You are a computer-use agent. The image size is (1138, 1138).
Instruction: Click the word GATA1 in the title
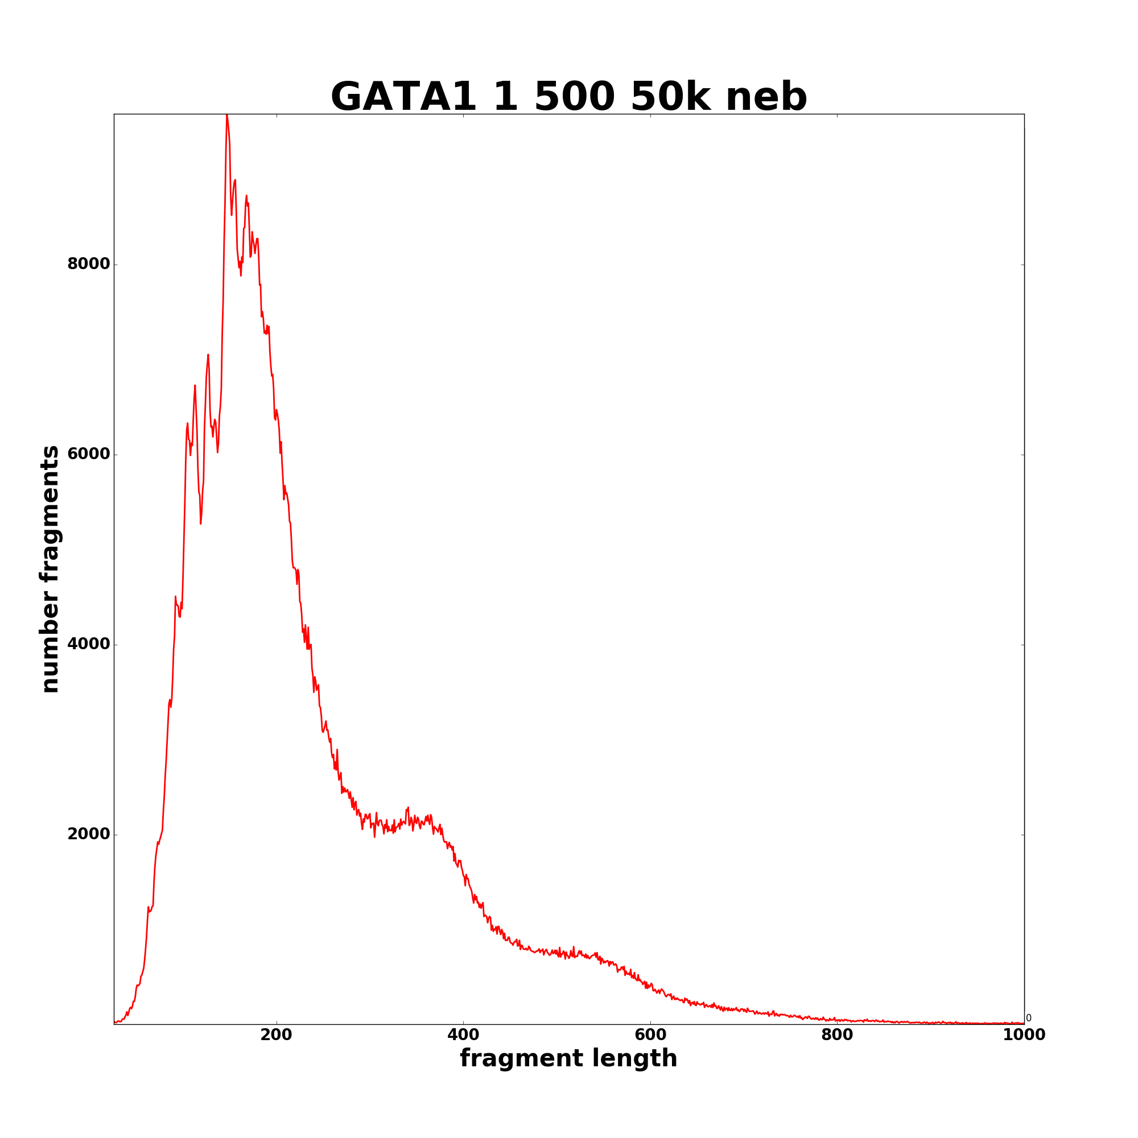pyautogui.click(x=403, y=97)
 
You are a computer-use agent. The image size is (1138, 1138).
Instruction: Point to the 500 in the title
pyautogui.click(x=574, y=97)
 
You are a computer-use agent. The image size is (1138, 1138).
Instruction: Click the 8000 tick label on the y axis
pyautogui.click(x=88, y=264)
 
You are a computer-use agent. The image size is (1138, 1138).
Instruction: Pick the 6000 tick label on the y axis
pyautogui.click(x=88, y=454)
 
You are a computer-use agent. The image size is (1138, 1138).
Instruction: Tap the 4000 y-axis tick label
pyautogui.click(x=88, y=645)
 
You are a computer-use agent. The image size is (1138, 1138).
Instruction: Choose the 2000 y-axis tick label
pyautogui.click(x=88, y=834)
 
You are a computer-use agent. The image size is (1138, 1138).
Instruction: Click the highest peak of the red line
pyautogui.click(x=226, y=116)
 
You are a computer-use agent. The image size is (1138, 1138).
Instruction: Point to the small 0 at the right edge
pyautogui.click(x=1028, y=1018)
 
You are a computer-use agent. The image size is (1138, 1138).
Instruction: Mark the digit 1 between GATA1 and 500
pyautogui.click(x=505, y=97)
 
